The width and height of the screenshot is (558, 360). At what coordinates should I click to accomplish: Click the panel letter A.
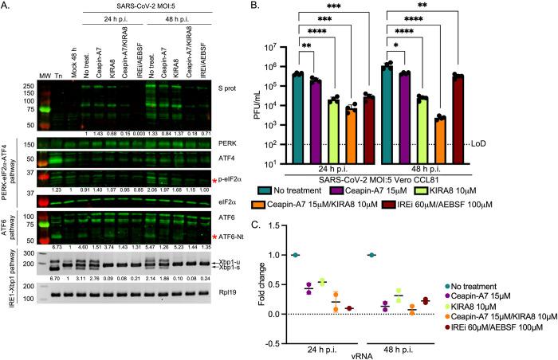tap(6, 6)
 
